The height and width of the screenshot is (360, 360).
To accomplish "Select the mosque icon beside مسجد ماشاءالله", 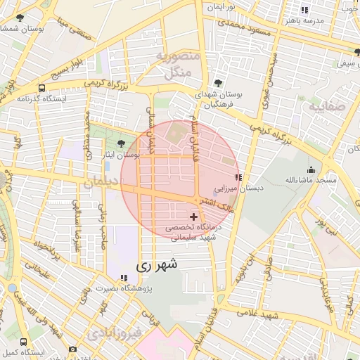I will click(x=311, y=169).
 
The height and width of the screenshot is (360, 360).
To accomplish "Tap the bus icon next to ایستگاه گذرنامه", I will click(x=42, y=89).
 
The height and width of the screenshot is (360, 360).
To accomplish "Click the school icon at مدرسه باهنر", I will click(x=304, y=10).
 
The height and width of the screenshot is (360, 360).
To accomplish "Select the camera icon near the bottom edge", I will click(x=72, y=349).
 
